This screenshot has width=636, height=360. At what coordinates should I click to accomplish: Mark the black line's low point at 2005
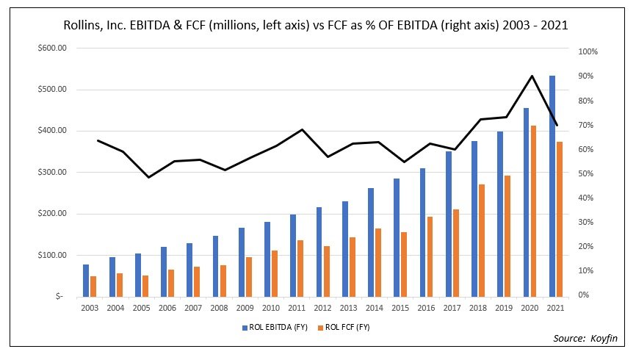[148, 177]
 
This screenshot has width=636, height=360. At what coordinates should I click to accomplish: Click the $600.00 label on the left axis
[51, 48]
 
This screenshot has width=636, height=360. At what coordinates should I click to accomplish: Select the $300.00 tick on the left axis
[51, 173]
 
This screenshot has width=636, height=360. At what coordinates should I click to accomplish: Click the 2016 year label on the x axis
[426, 308]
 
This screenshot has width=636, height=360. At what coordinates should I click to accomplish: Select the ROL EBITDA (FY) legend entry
[274, 328]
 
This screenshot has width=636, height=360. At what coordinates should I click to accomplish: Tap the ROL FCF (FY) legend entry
[345, 328]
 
